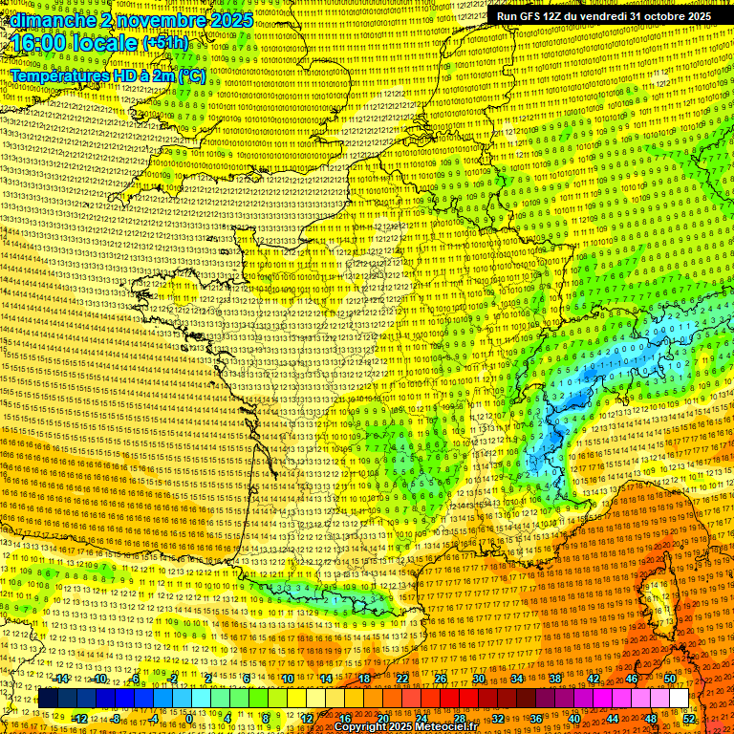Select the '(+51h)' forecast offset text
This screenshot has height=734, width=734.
click(x=165, y=44)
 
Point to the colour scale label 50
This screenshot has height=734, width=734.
click(x=670, y=679)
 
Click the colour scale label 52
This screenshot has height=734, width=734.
click(x=689, y=718)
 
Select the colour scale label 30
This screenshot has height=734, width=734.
click(x=479, y=679)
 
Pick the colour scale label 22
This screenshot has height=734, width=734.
click(x=402, y=679)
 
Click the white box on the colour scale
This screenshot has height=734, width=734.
click(x=679, y=699)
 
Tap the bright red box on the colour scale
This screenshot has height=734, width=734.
click(x=450, y=699)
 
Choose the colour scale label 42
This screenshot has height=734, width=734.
click(x=594, y=679)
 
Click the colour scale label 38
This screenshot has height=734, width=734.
click(x=555, y=679)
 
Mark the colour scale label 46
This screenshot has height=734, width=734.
click(x=632, y=679)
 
